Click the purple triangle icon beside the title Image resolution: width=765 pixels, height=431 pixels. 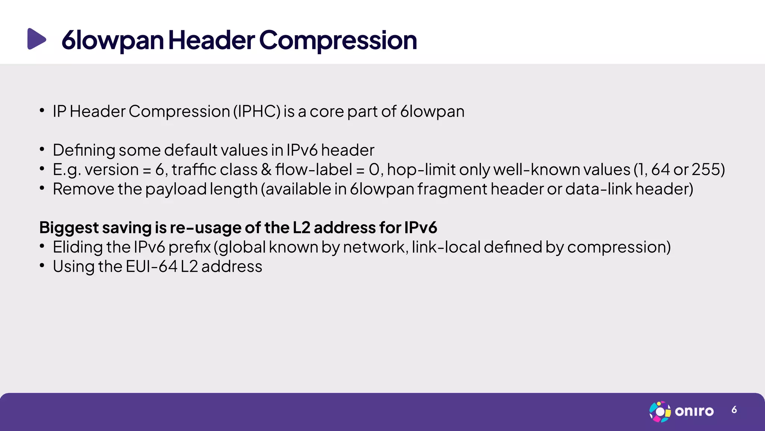37,39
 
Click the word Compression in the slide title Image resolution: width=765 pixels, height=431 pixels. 338,40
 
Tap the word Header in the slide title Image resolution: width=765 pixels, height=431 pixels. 211,40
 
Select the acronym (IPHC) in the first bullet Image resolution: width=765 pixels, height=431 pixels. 257,111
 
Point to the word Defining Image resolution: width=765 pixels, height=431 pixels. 84,150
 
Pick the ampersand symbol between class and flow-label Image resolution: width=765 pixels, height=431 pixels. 266,169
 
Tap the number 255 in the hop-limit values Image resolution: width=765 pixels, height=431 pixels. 705,169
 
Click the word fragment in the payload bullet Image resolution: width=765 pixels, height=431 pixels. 452,189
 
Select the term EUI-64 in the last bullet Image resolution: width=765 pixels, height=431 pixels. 151,267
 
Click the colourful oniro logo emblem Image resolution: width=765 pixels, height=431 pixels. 660,412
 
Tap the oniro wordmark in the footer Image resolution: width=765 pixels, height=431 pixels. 694,412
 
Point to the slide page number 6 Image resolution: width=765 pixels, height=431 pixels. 734,410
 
